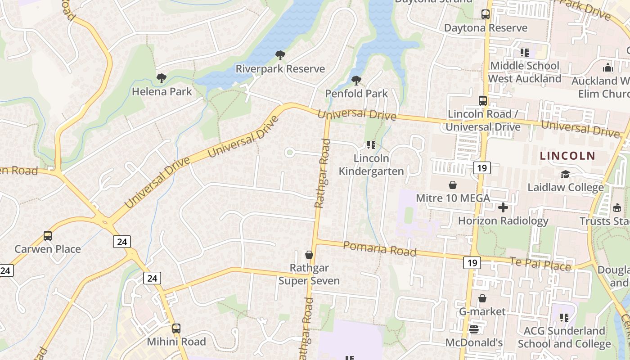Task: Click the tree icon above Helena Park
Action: (162, 79)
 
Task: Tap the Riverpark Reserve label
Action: (280, 69)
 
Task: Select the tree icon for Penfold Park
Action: (356, 81)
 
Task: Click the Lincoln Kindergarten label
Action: (371, 165)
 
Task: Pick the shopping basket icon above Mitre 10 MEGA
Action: (452, 185)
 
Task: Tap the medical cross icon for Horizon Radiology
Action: (503, 207)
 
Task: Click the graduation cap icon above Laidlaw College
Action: (565, 174)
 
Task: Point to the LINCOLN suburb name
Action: (567, 156)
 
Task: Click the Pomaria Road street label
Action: (380, 248)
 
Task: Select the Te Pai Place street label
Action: (540, 264)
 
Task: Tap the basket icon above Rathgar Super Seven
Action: (309, 255)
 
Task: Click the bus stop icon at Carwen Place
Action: (47, 236)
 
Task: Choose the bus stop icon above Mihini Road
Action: (176, 328)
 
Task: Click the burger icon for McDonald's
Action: (473, 329)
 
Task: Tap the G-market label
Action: (482, 311)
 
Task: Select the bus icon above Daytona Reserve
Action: (485, 14)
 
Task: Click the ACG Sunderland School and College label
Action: (564, 337)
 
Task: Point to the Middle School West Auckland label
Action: (525, 72)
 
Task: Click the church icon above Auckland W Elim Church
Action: (608, 68)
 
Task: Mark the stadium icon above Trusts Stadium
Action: (616, 208)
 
